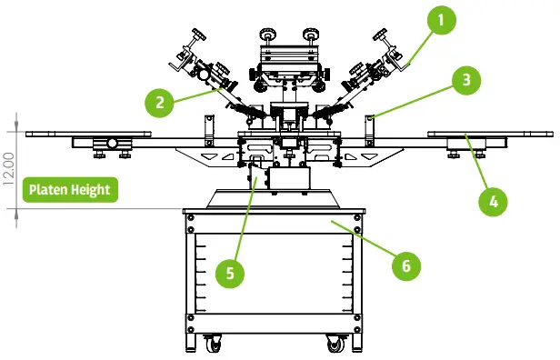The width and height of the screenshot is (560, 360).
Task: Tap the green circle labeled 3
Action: (x=465, y=79)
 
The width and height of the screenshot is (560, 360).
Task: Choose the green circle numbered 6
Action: (x=406, y=265)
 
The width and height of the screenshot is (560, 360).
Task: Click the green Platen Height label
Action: (x=70, y=190)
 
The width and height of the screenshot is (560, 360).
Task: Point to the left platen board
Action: (x=87, y=134)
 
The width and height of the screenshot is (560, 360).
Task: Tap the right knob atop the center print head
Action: (x=312, y=35)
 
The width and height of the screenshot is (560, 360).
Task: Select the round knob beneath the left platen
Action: (x=111, y=144)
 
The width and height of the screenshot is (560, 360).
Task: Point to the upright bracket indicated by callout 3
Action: (x=372, y=128)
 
